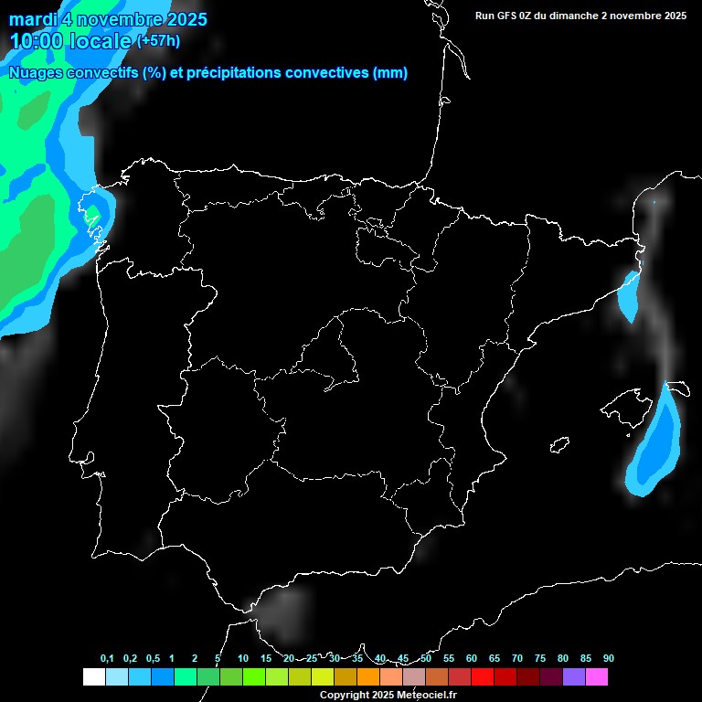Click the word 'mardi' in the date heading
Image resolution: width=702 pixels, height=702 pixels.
click(33, 19)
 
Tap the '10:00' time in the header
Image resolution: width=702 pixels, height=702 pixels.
click(37, 41)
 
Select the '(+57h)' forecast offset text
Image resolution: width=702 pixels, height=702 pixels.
click(158, 40)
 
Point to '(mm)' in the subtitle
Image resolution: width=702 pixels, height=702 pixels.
click(390, 73)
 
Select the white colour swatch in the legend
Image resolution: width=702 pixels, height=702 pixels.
click(93, 677)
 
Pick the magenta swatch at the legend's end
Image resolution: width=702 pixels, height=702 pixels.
click(597, 677)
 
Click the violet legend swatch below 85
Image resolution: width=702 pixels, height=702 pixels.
click(574, 677)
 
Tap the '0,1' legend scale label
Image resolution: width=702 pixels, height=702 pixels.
click(107, 659)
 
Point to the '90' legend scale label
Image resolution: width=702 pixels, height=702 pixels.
click(609, 659)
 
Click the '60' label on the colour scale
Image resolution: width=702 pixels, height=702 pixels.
click(472, 659)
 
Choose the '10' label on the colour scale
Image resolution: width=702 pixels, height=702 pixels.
click(243, 659)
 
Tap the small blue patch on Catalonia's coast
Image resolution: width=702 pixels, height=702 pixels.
click(629, 294)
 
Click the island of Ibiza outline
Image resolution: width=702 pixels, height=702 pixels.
click(559, 445)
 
